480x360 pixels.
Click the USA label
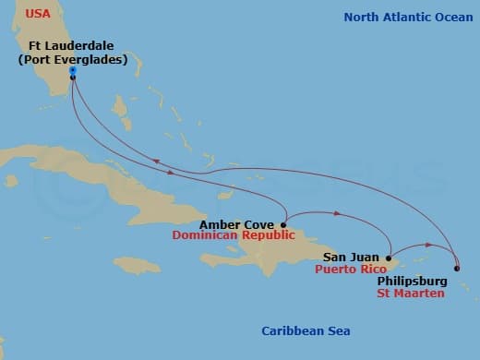[x=38, y=14]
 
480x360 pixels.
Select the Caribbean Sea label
[x=306, y=331]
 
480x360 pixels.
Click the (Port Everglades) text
[x=73, y=60]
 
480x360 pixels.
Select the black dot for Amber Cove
[x=283, y=224]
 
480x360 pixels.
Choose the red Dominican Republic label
[x=233, y=235]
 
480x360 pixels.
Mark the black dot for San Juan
[x=389, y=258]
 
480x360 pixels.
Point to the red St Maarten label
[x=411, y=293]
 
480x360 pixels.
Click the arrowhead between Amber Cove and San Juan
[x=339, y=215]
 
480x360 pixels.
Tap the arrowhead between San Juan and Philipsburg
[x=427, y=246]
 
